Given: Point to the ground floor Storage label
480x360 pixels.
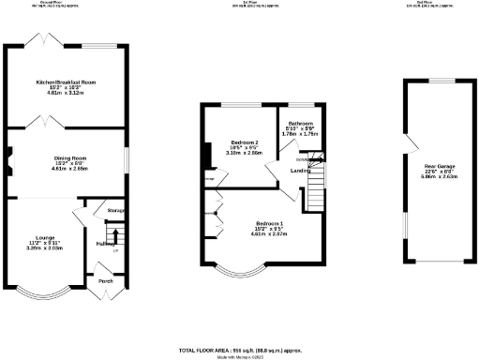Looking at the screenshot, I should pos(116,211).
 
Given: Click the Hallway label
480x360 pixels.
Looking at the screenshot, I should pos(105,244).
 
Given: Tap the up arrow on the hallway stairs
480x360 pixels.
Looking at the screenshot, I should pos(115,235).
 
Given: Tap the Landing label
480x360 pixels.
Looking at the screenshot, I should pos(301,171).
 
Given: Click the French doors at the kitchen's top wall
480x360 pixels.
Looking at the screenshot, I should pos(44,44).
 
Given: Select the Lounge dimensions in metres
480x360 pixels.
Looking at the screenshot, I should pos(44,249).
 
